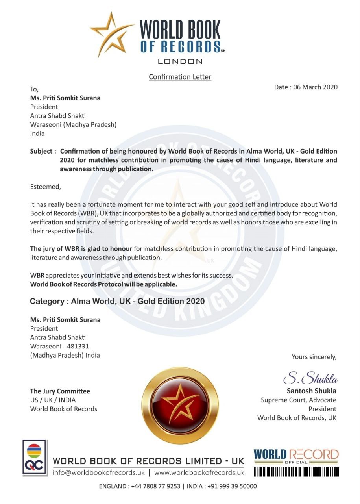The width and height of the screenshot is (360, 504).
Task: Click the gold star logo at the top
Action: coord(112,35)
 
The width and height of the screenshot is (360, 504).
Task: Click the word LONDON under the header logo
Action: coord(180,61)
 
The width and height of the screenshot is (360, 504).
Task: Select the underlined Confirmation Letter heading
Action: coord(180,77)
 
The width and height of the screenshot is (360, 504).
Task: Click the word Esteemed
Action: coord(46,187)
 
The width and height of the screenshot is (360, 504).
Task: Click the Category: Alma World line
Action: coord(117,301)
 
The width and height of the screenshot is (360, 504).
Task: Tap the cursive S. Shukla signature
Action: coord(310,379)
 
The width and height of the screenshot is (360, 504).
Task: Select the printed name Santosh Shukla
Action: coord(311,391)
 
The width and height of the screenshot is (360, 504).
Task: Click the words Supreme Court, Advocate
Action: coord(299,400)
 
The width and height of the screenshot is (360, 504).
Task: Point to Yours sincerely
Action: coord(314,357)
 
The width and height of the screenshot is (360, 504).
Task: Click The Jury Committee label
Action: coord(60,391)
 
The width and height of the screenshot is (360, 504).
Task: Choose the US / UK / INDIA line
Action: coord(53,400)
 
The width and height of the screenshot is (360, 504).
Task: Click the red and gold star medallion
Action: coord(180,406)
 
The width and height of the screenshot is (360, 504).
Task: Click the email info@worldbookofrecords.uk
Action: coord(99,472)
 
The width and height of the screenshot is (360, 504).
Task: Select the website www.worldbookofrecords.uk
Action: coord(199,472)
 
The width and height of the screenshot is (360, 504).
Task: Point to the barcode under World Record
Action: coord(296,472)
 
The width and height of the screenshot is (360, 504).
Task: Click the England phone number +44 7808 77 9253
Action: coord(153,486)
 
